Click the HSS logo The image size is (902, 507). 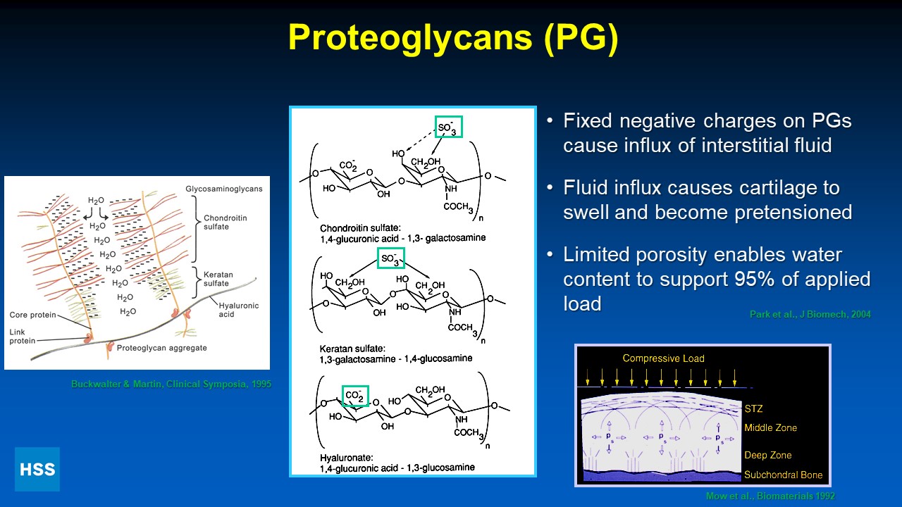[x=37, y=469]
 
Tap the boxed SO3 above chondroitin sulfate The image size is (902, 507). [x=448, y=126]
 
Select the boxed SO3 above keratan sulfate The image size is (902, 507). [x=391, y=258]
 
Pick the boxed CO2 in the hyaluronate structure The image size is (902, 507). [x=355, y=396]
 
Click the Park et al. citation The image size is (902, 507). [x=810, y=314]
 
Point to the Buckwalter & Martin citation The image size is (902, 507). [x=171, y=384]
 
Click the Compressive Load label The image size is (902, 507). [x=663, y=358]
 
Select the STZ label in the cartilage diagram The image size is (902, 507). [x=753, y=408]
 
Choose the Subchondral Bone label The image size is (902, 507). [x=783, y=475]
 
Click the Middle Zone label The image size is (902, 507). [x=770, y=427]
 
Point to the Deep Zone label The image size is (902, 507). [x=767, y=455]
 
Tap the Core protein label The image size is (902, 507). [x=33, y=315]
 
